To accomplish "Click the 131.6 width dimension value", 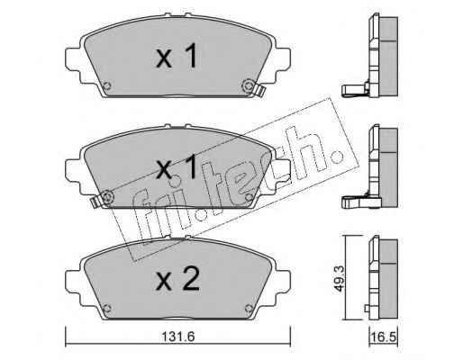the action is [x=178, y=337].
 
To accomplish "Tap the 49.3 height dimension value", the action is [x=340, y=277].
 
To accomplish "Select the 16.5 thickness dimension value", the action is [x=383, y=337].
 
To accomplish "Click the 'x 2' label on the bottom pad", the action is [x=177, y=278].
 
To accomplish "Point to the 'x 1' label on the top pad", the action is [x=177, y=56].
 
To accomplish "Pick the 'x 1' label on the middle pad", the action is [x=177, y=167].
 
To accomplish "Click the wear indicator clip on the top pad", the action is [x=259, y=91].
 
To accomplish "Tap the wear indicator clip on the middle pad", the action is [x=95, y=202].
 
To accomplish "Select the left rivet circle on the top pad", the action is [x=106, y=86].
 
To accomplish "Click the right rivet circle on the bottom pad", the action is [x=249, y=308].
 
